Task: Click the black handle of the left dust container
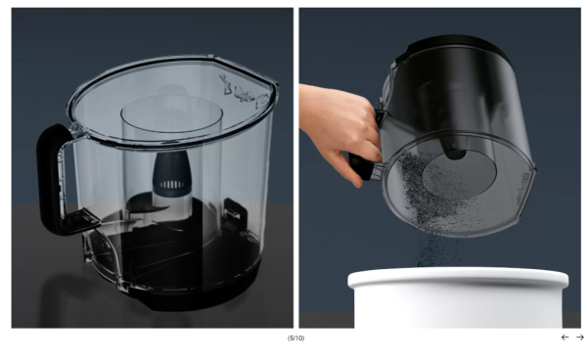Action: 48,180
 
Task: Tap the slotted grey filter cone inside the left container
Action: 172,175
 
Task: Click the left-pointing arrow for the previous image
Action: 564,337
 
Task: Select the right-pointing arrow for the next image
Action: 580,337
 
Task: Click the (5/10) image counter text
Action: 295,338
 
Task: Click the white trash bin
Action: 458,297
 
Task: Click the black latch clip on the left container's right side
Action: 235,209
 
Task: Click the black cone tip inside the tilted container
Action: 455,149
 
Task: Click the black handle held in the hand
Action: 362,167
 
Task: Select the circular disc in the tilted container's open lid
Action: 460,173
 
